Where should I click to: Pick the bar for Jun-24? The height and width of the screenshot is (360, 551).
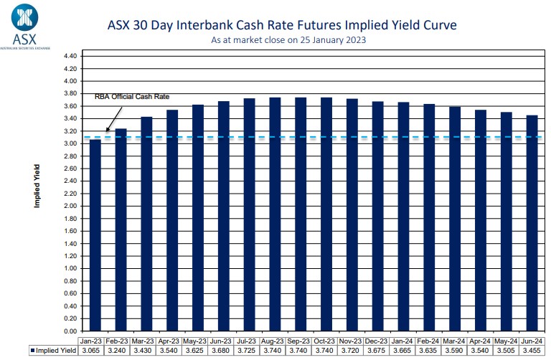(x=532, y=223)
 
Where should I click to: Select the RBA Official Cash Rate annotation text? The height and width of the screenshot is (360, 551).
(x=136, y=96)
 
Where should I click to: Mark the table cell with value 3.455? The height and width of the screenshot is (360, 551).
(x=532, y=351)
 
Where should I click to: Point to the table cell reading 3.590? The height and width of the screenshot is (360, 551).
(x=455, y=351)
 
